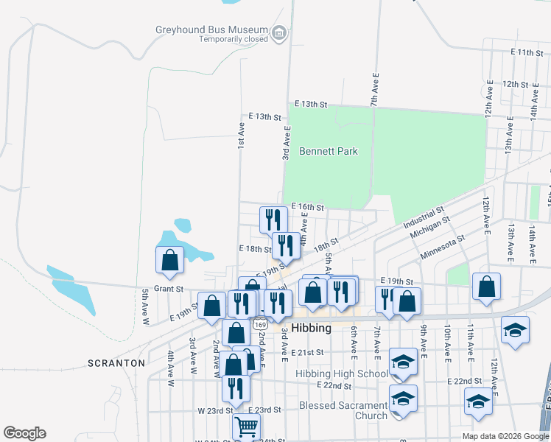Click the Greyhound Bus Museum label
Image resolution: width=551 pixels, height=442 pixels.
pos(211,30)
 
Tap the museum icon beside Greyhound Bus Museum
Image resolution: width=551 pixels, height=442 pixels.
pos(279,33)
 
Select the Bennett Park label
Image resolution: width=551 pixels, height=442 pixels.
pos(329,151)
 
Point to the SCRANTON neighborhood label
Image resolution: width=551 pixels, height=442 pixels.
pos(116,363)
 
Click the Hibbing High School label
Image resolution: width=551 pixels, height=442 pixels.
pos(343,373)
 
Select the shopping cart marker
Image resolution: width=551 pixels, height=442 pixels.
pos(246,426)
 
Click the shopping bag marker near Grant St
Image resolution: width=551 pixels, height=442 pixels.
pos(170,259)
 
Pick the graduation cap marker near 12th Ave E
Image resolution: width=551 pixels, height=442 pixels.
pos(515,329)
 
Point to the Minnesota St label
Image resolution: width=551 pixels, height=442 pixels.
pos(443,248)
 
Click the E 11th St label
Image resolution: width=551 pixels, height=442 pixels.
pos(527,53)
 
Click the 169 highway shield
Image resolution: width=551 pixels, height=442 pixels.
pos(259,324)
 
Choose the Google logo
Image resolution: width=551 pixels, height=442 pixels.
pos(24,433)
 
